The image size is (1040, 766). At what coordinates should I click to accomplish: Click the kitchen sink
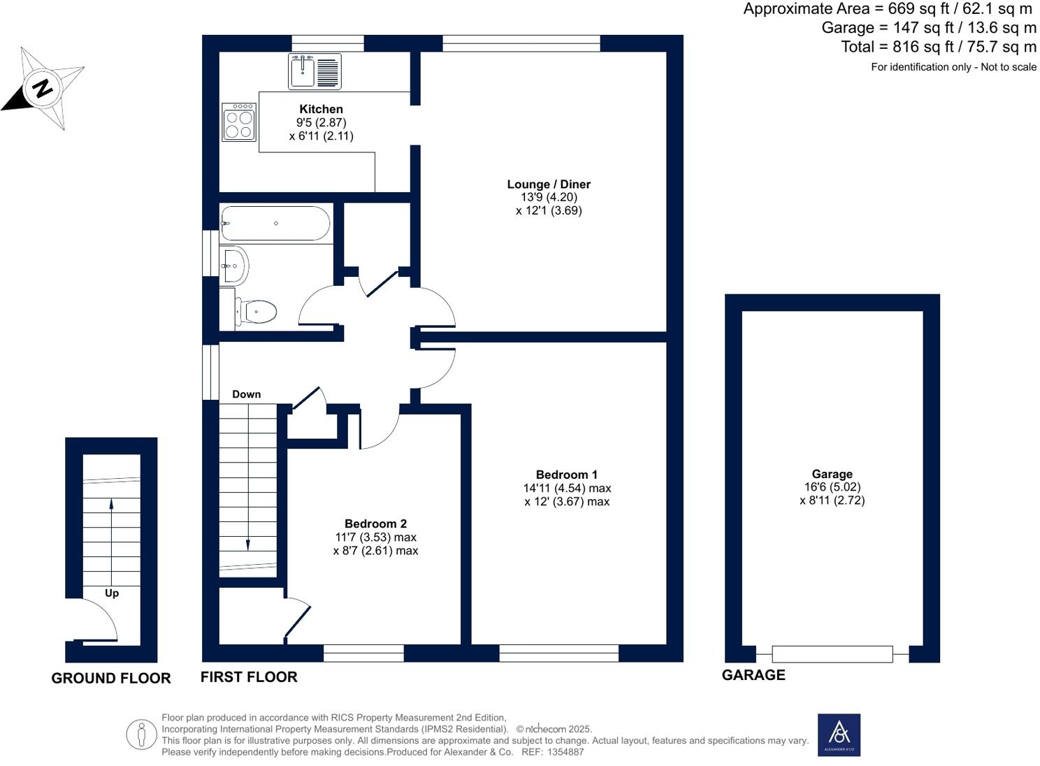coord(315,71)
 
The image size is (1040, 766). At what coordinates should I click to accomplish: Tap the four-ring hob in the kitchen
coord(238,122)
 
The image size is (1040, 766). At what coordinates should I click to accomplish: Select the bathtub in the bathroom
coord(276,224)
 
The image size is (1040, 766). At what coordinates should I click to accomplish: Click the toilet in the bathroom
coord(256,311)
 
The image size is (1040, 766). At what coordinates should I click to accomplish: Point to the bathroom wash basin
coord(235,265)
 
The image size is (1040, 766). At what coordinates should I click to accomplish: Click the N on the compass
coord(43,87)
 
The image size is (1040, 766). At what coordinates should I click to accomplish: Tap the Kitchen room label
coord(322,109)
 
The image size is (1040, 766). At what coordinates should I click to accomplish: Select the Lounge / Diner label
coord(549,185)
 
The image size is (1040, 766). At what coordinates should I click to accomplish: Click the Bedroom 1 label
coord(566,475)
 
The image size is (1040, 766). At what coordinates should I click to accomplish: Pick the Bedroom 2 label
coord(375,523)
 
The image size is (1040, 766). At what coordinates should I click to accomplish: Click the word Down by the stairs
coord(247,394)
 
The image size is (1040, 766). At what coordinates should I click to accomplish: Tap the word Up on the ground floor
coord(111,593)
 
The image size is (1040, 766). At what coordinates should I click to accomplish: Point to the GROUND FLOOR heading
coord(111,678)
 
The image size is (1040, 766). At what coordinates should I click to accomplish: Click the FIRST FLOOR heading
coord(249,677)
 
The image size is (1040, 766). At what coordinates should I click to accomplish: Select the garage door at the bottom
coord(832,654)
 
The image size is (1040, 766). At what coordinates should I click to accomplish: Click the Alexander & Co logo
coord(839,735)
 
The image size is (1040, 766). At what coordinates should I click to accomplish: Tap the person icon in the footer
coord(142,735)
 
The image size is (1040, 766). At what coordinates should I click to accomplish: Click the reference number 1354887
coord(565,752)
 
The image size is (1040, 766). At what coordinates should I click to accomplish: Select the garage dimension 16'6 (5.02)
coord(832,487)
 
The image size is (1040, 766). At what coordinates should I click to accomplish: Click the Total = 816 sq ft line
coord(939,47)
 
